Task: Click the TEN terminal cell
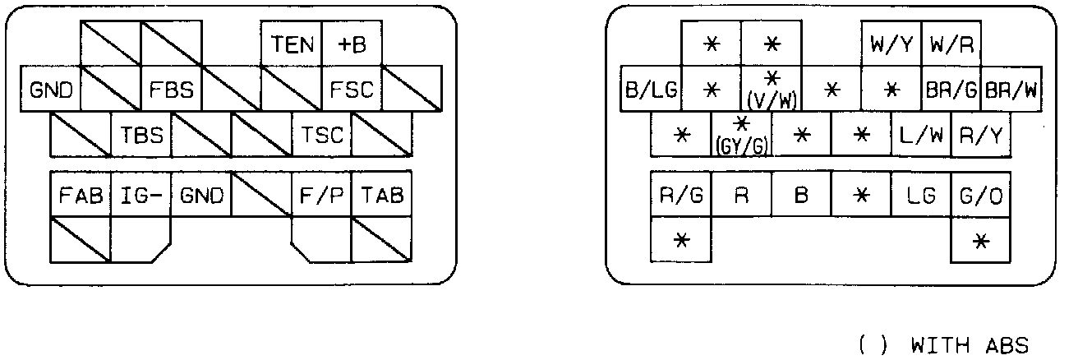[x=291, y=44]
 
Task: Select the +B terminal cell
[x=352, y=44]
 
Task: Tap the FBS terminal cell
[x=171, y=90]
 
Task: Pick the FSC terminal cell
[x=352, y=90]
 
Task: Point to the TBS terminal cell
[x=141, y=135]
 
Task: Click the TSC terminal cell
[x=321, y=135]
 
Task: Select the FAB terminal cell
[x=80, y=196]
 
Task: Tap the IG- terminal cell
[x=141, y=196]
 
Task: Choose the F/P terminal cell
[x=321, y=196]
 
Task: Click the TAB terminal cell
[x=381, y=196]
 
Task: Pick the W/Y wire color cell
[x=891, y=44]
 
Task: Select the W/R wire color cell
[x=951, y=44]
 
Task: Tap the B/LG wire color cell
[x=651, y=90]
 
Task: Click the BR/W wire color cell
[x=1011, y=90]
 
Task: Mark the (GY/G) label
[x=741, y=145]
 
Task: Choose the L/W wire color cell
[x=921, y=135]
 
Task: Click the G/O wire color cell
[x=981, y=196]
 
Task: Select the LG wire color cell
[x=921, y=196]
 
